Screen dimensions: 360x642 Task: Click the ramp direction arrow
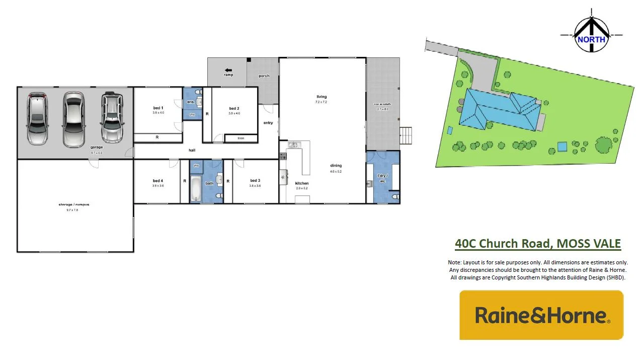pos(228,70)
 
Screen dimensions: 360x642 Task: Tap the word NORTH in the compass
pos(591,40)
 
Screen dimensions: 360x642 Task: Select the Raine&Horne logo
pos(541,315)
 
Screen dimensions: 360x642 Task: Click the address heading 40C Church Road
pos(537,244)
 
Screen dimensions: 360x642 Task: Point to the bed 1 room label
pos(158,108)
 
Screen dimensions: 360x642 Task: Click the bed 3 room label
pos(255,180)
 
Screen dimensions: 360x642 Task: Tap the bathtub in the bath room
pos(196,190)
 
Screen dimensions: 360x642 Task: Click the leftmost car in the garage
pos(37,118)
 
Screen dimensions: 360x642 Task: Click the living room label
pos(322,97)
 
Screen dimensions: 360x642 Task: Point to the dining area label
pos(336,165)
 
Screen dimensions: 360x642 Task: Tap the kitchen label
pos(302,183)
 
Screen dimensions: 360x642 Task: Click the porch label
pos(264,76)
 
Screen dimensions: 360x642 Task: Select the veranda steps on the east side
pos(407,135)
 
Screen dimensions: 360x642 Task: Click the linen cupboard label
pos(240,138)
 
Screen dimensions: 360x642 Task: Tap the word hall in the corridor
pos(192,150)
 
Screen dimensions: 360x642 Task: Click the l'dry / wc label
pos(382,178)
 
